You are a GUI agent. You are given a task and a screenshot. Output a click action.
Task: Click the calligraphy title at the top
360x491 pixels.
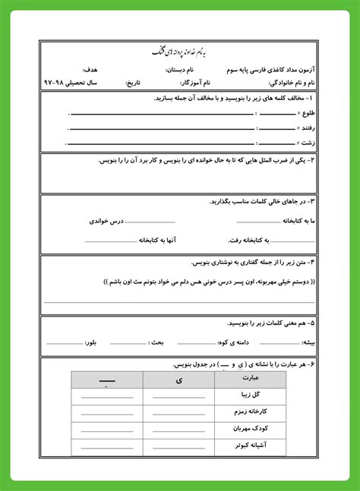pos(180,51)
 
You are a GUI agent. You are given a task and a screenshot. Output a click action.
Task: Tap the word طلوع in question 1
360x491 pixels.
pos(302,114)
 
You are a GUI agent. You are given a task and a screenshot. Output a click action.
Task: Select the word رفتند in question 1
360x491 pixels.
pos(303,127)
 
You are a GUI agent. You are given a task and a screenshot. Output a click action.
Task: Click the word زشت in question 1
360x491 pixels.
pos(305,141)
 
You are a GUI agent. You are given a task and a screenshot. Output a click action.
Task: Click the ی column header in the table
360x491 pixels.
pos(179,379)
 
